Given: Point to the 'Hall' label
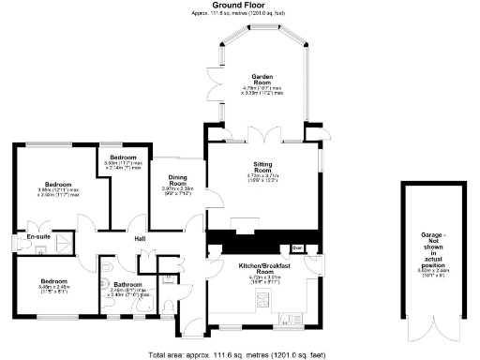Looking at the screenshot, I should coord(139,240).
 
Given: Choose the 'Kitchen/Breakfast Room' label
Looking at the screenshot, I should coord(263,267).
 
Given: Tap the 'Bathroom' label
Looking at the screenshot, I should coord(126,284).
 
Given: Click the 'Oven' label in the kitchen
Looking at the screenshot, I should coord(298,247).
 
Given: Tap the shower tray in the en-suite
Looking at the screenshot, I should coord(62,243).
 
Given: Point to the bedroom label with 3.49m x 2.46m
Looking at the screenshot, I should coord(53,280).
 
